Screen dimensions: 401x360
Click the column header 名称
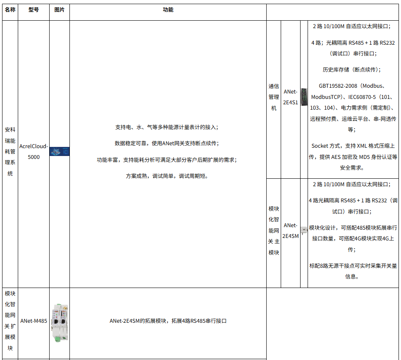[10, 10]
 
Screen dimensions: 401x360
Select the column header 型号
[33, 10]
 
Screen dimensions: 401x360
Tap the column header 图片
[60, 10]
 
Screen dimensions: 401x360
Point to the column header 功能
[168, 10]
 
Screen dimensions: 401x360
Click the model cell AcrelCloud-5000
[33, 151]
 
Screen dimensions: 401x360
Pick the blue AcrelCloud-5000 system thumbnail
[60, 151]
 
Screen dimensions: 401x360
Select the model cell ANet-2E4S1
[291, 97]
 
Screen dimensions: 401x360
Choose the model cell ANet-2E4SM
[291, 231]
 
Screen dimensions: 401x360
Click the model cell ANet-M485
[33, 321]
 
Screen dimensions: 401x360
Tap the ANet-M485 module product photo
[60, 323]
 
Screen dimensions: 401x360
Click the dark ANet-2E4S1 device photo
[304, 97]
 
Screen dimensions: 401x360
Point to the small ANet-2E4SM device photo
[304, 230]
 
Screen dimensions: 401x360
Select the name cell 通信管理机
[274, 97]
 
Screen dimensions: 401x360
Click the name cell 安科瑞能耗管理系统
[10, 151]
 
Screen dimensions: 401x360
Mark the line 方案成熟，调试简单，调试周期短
[167, 176]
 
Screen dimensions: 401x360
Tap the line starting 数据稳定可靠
[167, 144]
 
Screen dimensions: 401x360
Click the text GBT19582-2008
[338, 86]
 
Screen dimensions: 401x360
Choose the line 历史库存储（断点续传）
[352, 70]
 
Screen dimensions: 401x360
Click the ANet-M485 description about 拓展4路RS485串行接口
[168, 321]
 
